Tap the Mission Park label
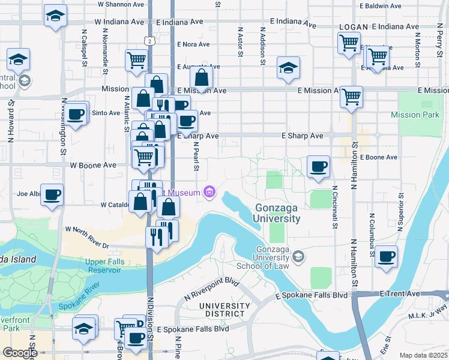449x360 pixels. tap(415, 115)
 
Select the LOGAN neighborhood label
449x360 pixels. tap(352, 27)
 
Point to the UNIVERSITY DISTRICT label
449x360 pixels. tap(224, 310)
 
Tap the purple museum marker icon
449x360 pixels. tap(209, 192)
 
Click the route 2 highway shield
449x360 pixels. tap(149, 40)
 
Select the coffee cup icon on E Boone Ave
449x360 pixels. tap(318, 166)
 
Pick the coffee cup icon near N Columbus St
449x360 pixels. tap(386, 256)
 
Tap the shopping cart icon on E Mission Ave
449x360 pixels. tap(351, 95)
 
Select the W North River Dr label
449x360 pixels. tap(87, 238)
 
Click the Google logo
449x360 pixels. tap(20, 353)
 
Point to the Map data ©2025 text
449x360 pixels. tap(423, 355)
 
